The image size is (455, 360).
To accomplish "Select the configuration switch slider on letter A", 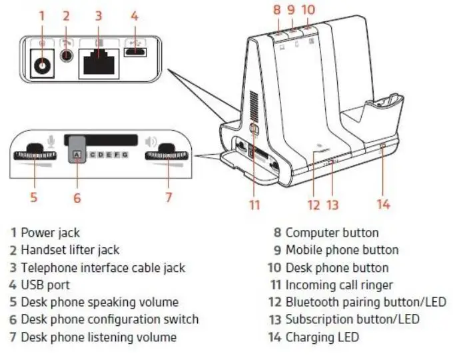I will coord(77,154).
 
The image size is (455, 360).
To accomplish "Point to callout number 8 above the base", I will coord(277,10).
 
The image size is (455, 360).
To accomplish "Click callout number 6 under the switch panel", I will coord(77,197).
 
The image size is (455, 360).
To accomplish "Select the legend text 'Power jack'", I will coord(50,233).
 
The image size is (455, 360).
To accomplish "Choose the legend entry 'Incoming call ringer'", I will coord(339,285).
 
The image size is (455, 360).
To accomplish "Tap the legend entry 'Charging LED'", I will coord(322,337).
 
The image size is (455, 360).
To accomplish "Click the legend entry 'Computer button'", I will coord(332,233).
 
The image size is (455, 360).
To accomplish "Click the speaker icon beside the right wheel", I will coord(151,141).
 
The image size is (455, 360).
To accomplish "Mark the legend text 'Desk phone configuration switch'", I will coord(109,319).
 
